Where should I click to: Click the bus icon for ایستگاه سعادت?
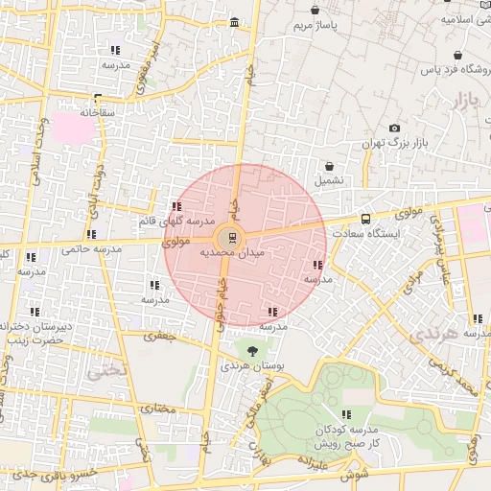(x=365, y=219)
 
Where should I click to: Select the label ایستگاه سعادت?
(x=365, y=233)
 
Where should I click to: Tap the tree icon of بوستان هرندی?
(x=252, y=351)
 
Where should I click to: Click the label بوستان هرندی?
(x=252, y=366)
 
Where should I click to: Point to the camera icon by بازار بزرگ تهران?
(x=394, y=129)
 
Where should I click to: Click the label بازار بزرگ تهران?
(x=393, y=143)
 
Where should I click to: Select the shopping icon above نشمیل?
(x=329, y=166)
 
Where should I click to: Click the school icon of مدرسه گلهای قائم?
(x=176, y=206)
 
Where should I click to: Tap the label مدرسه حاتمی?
(x=92, y=249)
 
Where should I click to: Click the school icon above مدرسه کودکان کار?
(x=346, y=415)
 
